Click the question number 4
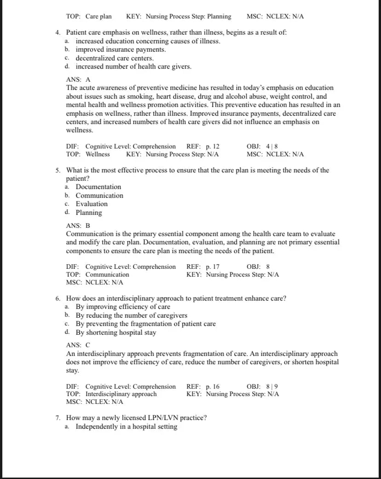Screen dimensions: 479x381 58,33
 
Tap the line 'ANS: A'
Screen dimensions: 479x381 78,79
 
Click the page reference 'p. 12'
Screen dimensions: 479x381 213,147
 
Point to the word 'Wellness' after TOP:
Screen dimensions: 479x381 98,154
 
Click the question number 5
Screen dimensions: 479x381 58,171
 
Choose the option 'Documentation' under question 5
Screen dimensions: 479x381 98,187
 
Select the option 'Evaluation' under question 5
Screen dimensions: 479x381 92,204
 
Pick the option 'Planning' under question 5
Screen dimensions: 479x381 89,213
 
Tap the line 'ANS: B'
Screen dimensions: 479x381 78,226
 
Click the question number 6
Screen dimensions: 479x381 58,299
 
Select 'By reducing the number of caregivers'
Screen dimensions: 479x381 132,316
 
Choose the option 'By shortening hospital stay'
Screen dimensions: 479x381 116,333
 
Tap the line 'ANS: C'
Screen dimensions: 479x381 78,345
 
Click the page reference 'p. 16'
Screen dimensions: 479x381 213,387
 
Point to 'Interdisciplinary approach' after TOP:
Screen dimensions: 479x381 121,394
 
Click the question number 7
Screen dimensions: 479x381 58,418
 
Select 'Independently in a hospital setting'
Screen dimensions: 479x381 127,427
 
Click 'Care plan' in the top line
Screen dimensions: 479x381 98,17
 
